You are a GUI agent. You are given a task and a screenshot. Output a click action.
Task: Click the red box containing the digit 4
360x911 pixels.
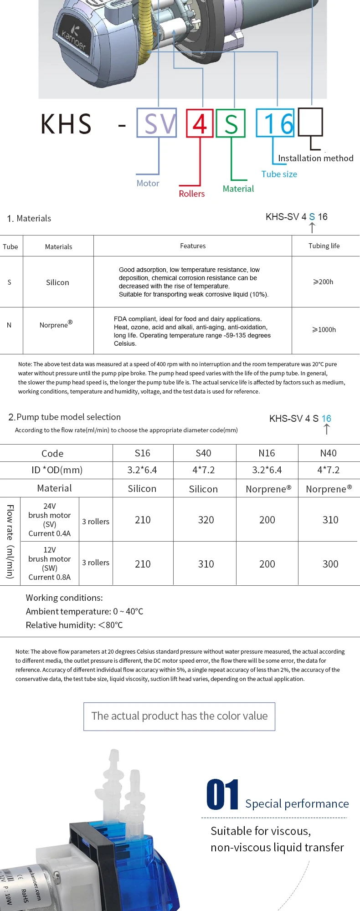click(200, 123)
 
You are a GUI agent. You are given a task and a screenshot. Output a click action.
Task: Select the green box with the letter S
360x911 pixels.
click(231, 123)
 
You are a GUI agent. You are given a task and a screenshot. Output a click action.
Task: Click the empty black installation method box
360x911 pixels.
click(310, 122)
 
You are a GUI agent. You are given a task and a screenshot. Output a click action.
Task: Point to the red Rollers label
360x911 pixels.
click(191, 194)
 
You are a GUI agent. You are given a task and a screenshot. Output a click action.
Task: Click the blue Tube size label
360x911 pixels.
click(279, 174)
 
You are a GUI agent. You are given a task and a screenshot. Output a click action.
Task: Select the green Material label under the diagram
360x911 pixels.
click(238, 189)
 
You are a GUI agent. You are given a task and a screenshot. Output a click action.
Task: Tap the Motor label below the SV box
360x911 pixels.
click(148, 183)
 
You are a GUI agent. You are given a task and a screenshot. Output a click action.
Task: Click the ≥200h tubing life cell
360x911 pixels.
click(323, 282)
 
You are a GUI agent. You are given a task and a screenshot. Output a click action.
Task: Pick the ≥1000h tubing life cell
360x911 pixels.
click(324, 329)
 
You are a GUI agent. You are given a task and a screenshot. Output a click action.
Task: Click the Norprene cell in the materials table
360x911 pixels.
click(56, 325)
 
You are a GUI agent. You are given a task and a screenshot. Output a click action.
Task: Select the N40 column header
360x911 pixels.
click(328, 453)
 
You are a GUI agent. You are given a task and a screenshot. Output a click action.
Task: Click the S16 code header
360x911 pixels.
click(142, 453)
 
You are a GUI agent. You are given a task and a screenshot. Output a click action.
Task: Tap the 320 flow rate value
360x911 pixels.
click(206, 520)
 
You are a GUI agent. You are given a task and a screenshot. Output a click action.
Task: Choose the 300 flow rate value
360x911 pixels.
click(330, 564)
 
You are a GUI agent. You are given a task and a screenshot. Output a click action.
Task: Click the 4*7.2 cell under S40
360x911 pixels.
click(203, 470)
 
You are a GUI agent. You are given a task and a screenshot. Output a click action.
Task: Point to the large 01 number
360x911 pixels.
click(222, 795)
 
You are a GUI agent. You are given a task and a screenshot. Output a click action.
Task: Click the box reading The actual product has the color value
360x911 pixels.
click(179, 717)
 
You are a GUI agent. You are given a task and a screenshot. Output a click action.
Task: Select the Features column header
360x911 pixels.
click(193, 246)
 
